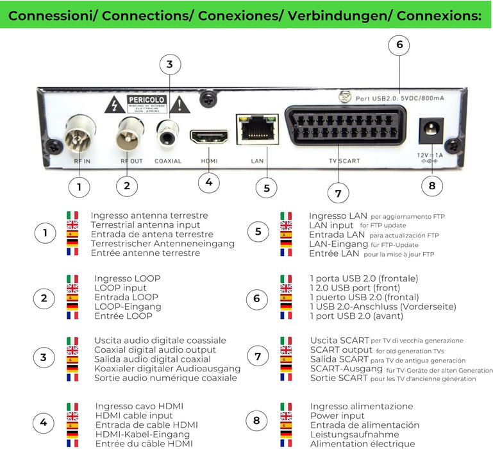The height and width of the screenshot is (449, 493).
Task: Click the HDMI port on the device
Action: [x=208, y=136]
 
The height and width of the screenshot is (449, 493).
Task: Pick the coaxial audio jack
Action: [x=169, y=134]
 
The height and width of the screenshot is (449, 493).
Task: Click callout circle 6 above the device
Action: [x=399, y=45]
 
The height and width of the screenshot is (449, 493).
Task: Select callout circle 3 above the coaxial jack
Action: [x=169, y=64]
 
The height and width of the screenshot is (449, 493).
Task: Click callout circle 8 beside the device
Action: [x=431, y=186]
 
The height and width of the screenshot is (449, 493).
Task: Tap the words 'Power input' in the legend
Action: [x=338, y=416]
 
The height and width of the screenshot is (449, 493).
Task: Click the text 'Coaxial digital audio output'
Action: [x=155, y=350]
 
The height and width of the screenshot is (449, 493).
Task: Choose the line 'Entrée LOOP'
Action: [x=123, y=316]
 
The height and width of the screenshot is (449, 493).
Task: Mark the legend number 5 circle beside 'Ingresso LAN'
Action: [x=258, y=232]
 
